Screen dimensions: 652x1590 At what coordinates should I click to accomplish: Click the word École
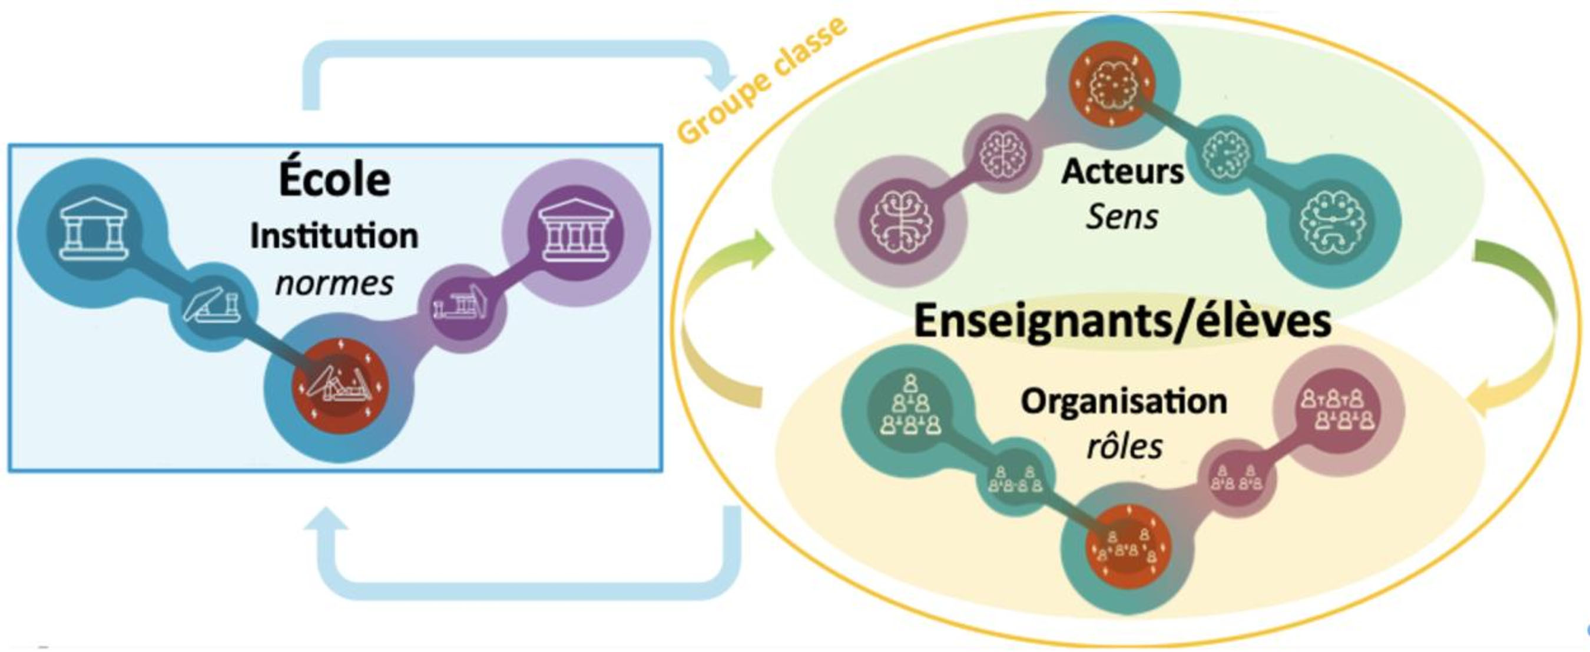point(334,179)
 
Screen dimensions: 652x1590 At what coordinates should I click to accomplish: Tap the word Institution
point(334,236)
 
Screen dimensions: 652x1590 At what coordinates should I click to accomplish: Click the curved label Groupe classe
point(763,81)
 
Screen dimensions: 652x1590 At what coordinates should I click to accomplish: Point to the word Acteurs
point(1123,171)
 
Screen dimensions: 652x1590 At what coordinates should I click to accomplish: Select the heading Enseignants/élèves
point(1122,322)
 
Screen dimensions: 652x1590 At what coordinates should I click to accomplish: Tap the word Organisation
point(1124,401)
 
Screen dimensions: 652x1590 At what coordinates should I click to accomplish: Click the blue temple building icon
point(93,230)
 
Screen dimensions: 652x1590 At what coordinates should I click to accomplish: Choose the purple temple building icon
point(576,231)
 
